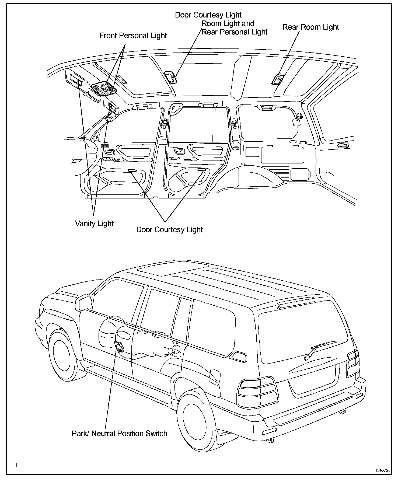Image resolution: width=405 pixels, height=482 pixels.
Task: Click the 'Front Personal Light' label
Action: point(133,36)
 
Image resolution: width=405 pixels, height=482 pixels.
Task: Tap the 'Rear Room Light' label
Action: point(310,27)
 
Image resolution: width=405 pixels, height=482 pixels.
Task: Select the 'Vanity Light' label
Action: point(94,223)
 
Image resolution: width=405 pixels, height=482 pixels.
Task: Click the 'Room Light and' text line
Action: point(228,24)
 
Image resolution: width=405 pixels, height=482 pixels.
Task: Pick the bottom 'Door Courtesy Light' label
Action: point(169,230)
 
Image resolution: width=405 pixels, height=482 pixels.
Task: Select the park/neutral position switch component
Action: point(119,346)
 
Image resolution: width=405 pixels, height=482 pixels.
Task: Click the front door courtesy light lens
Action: point(132,170)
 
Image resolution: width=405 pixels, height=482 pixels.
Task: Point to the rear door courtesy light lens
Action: point(201,170)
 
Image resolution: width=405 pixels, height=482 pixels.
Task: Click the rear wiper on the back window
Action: point(318,349)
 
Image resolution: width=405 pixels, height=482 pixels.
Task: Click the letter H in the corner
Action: point(15,465)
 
